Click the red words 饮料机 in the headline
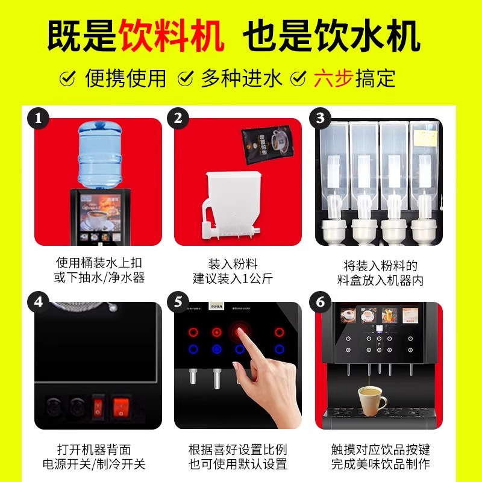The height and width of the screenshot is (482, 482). pyautogui.click(x=172, y=37)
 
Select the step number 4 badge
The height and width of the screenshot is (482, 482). pyautogui.click(x=39, y=301)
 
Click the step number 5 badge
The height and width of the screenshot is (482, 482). pyautogui.click(x=178, y=301)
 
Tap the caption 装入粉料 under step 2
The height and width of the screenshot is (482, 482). pyautogui.click(x=233, y=264)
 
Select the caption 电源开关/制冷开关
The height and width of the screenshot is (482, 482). pyautogui.click(x=94, y=465)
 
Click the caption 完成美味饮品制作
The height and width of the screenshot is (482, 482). pyautogui.click(x=380, y=465)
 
